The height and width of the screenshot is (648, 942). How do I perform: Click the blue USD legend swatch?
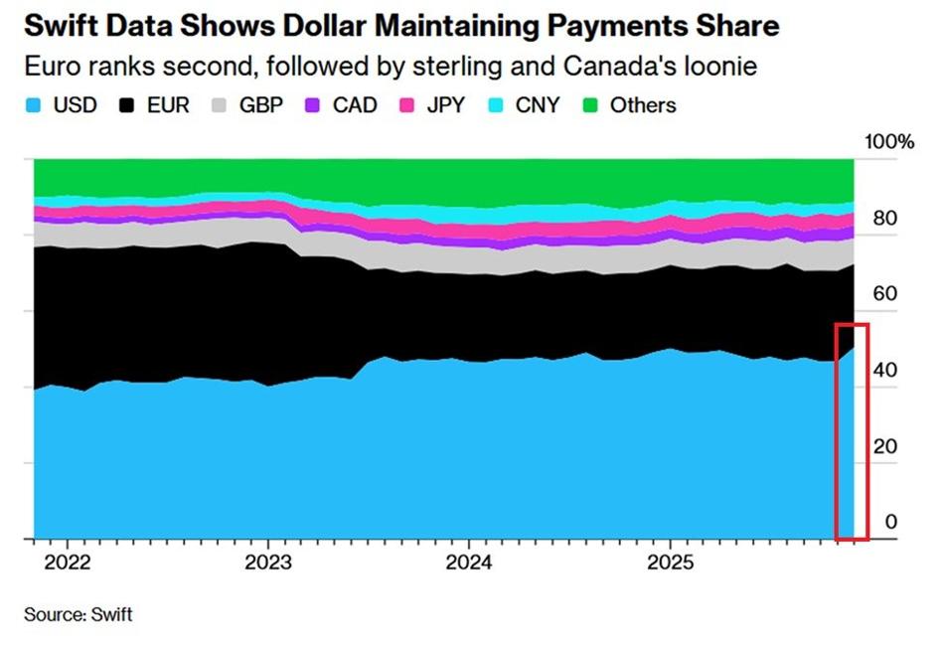tap(34, 106)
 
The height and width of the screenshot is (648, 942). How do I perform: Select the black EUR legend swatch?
tap(127, 106)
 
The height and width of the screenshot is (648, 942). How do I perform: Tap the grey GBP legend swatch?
tap(220, 106)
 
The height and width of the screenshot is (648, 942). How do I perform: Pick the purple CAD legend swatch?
tap(312, 106)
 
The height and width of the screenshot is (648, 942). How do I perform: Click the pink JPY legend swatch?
tap(406, 106)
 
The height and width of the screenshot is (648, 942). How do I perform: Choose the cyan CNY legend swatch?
tap(496, 106)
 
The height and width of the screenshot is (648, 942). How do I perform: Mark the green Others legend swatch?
tap(591, 106)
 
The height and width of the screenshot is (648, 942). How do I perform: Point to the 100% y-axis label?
tap(889, 142)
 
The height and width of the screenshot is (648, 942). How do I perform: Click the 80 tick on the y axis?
tap(885, 219)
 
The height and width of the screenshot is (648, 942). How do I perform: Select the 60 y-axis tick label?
tap(885, 294)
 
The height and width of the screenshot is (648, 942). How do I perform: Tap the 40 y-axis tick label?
tap(885, 371)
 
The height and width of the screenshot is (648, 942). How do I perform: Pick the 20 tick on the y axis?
tap(885, 446)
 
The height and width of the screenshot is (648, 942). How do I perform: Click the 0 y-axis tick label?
tap(891, 522)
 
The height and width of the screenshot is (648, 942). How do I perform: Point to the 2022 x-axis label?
tap(68, 563)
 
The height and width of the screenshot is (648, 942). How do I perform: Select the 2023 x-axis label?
tap(268, 563)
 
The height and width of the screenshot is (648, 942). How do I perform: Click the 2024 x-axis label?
tap(469, 563)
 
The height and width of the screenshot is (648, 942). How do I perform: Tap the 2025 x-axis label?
tap(670, 563)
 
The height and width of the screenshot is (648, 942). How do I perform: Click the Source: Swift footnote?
tap(78, 615)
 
